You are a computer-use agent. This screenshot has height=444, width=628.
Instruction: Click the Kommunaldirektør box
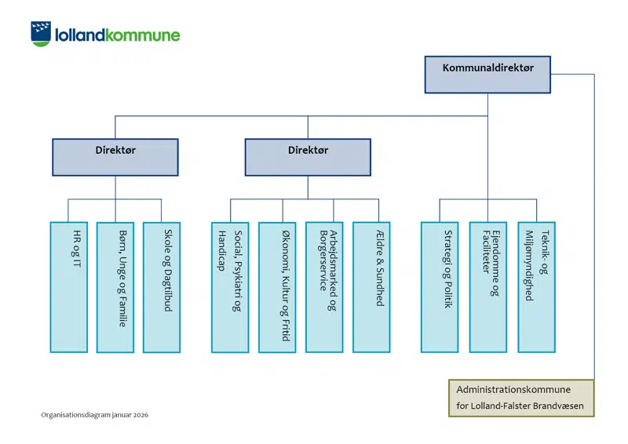click(x=487, y=75)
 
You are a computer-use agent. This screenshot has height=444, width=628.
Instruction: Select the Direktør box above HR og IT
click(x=115, y=157)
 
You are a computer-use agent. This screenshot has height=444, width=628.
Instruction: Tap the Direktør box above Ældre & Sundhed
click(x=308, y=157)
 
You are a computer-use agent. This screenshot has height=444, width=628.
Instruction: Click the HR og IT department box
click(x=68, y=286)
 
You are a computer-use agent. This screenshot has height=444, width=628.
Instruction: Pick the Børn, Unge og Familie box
click(x=115, y=286)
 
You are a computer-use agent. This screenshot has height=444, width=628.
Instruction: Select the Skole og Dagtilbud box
click(x=162, y=286)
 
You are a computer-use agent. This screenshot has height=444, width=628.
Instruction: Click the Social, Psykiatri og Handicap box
click(x=230, y=286)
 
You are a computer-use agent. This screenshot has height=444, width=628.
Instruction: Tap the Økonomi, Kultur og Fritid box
click(x=277, y=286)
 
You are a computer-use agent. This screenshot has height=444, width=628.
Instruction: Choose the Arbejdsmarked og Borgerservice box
click(x=324, y=286)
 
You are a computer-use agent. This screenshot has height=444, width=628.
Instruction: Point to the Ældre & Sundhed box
click(x=371, y=286)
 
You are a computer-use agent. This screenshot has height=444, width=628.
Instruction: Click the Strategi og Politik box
click(x=440, y=286)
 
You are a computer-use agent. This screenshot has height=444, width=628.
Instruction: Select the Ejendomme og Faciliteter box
click(x=488, y=286)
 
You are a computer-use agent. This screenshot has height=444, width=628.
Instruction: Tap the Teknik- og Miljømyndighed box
click(x=537, y=286)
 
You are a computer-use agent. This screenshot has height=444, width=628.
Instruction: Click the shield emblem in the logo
click(x=41, y=34)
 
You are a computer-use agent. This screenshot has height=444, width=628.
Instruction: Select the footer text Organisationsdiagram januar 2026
click(x=95, y=414)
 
